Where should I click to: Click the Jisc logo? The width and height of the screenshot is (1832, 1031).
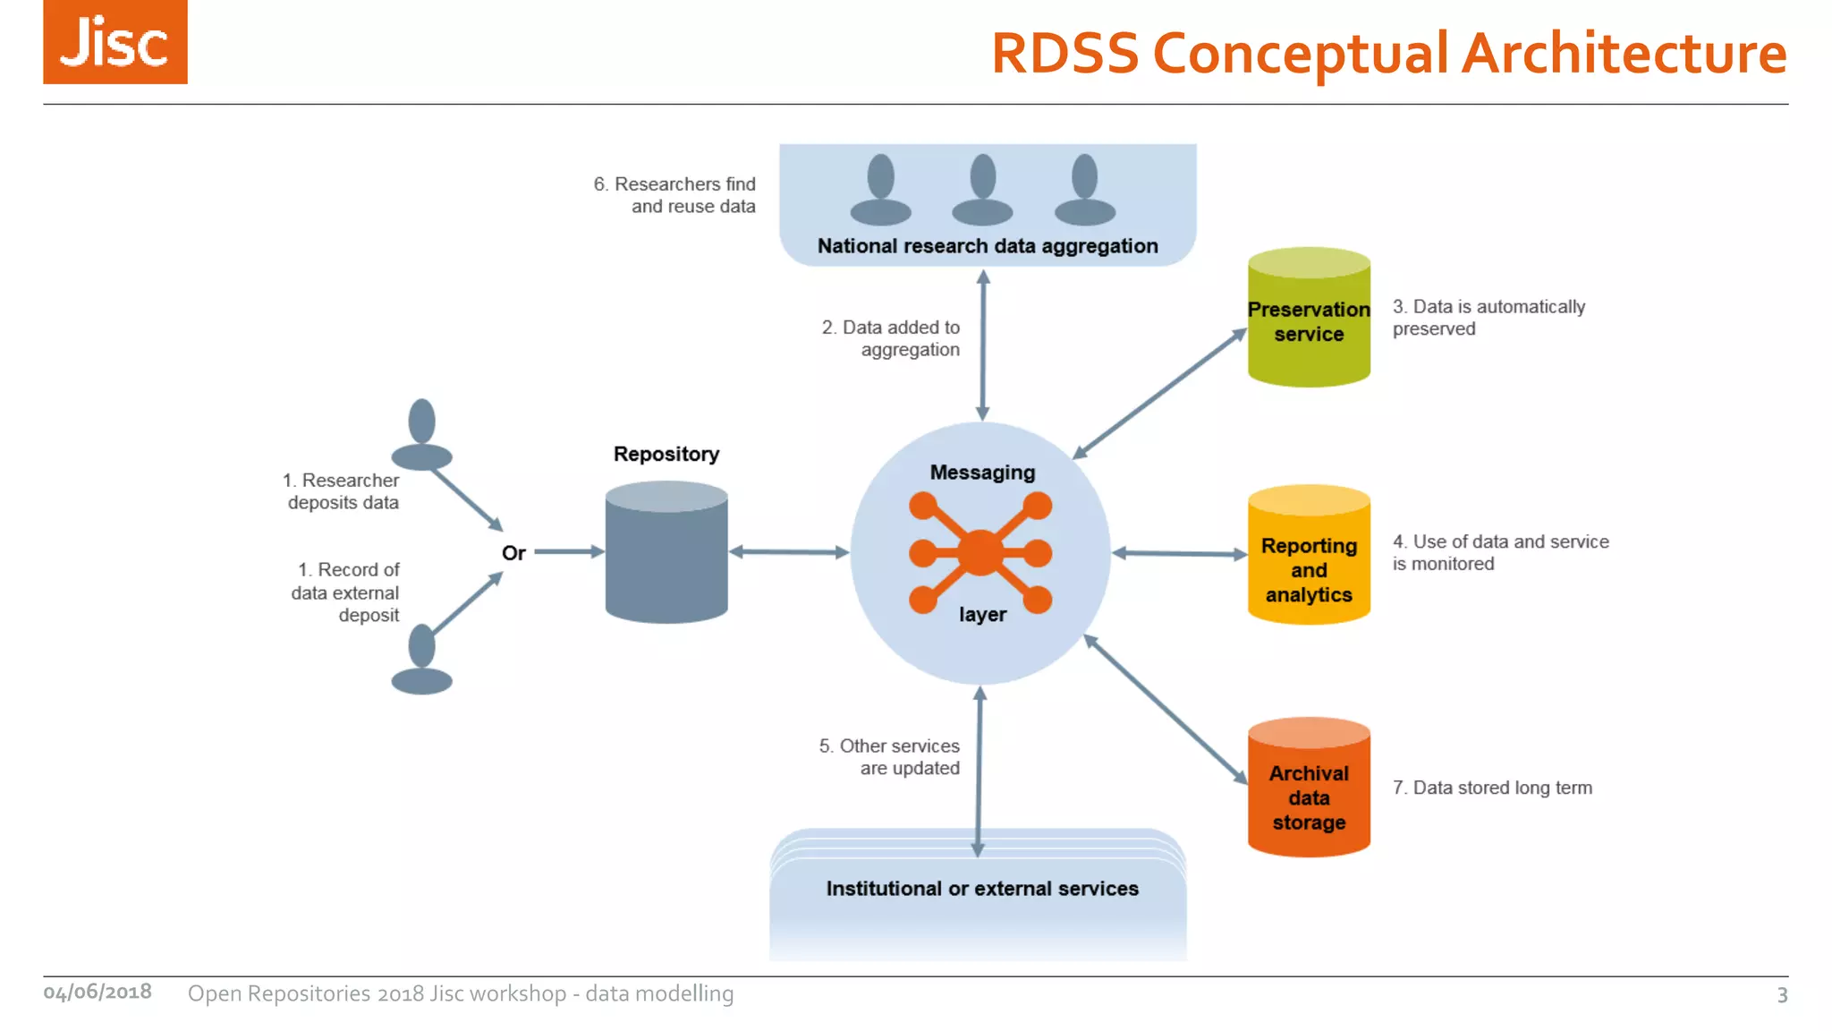(x=114, y=42)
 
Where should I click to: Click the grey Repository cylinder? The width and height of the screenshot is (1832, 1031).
(x=666, y=555)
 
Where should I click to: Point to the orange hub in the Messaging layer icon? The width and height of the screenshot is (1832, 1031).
(x=980, y=552)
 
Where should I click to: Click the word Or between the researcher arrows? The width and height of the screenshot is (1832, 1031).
(x=513, y=553)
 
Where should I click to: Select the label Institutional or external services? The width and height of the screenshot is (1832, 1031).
(x=981, y=889)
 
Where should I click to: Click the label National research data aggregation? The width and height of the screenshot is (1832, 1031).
(x=987, y=246)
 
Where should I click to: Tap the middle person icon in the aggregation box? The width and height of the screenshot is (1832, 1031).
(x=982, y=189)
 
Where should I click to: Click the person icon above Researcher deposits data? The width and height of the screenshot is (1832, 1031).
(x=421, y=435)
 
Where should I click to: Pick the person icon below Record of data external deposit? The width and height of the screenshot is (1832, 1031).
(x=421, y=660)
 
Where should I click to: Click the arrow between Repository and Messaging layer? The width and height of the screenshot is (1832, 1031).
(x=788, y=552)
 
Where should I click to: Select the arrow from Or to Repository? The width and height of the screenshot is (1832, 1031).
(x=568, y=552)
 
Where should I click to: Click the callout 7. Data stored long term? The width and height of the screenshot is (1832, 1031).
(x=1491, y=788)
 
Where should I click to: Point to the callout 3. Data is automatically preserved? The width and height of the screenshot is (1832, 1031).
(x=1488, y=318)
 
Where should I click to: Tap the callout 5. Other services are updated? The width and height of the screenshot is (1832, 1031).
(x=889, y=757)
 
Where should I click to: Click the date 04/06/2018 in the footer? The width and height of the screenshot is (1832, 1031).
(x=98, y=992)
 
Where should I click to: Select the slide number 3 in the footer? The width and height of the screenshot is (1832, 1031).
(x=1782, y=995)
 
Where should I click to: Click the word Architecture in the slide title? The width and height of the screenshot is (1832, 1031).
(x=1624, y=54)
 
